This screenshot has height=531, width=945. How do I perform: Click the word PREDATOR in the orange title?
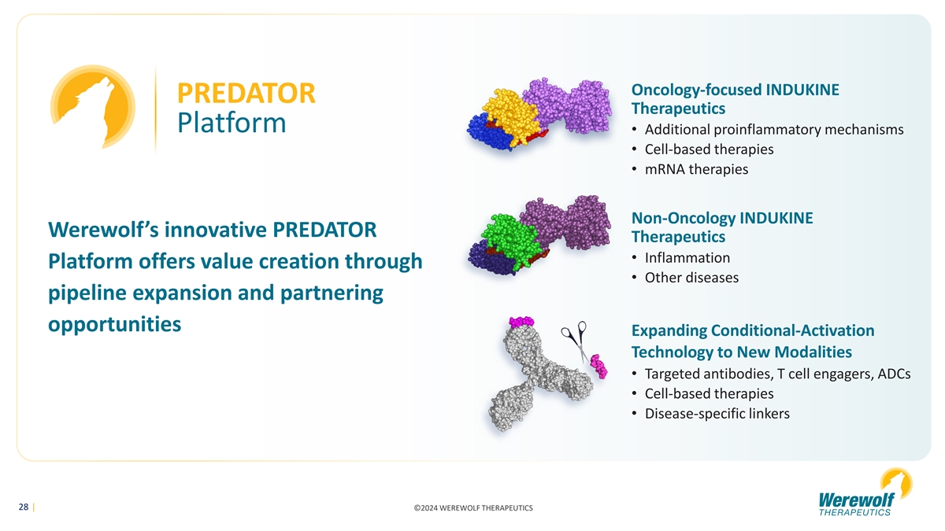pos(246,93)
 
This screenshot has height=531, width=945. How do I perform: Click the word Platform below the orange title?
pos(232,123)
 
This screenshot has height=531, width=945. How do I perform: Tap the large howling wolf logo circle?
pos(93,107)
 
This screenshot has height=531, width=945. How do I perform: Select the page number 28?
pos(24,507)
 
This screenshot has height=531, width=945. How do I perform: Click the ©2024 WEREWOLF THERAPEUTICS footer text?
pos(473,508)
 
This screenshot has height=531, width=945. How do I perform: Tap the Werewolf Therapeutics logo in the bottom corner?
pos(865,492)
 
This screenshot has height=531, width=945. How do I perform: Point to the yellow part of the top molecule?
pos(512,115)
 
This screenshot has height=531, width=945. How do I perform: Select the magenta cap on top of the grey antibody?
pos(521,322)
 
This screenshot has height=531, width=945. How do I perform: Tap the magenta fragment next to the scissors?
pos(598,367)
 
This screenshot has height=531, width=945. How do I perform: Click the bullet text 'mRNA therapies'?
pos(696,169)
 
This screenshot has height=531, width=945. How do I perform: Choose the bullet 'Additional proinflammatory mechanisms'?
pos(774,129)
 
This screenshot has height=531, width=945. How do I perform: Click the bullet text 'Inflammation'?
pos(687,257)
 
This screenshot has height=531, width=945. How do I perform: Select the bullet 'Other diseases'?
pos(692,278)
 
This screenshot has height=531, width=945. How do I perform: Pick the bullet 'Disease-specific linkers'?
pos(717,414)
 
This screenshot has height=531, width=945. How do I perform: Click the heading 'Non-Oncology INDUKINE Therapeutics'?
pos(722,227)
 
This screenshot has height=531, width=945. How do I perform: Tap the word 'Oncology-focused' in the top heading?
pos(696,90)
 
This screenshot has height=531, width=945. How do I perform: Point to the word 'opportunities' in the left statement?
pos(115,324)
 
